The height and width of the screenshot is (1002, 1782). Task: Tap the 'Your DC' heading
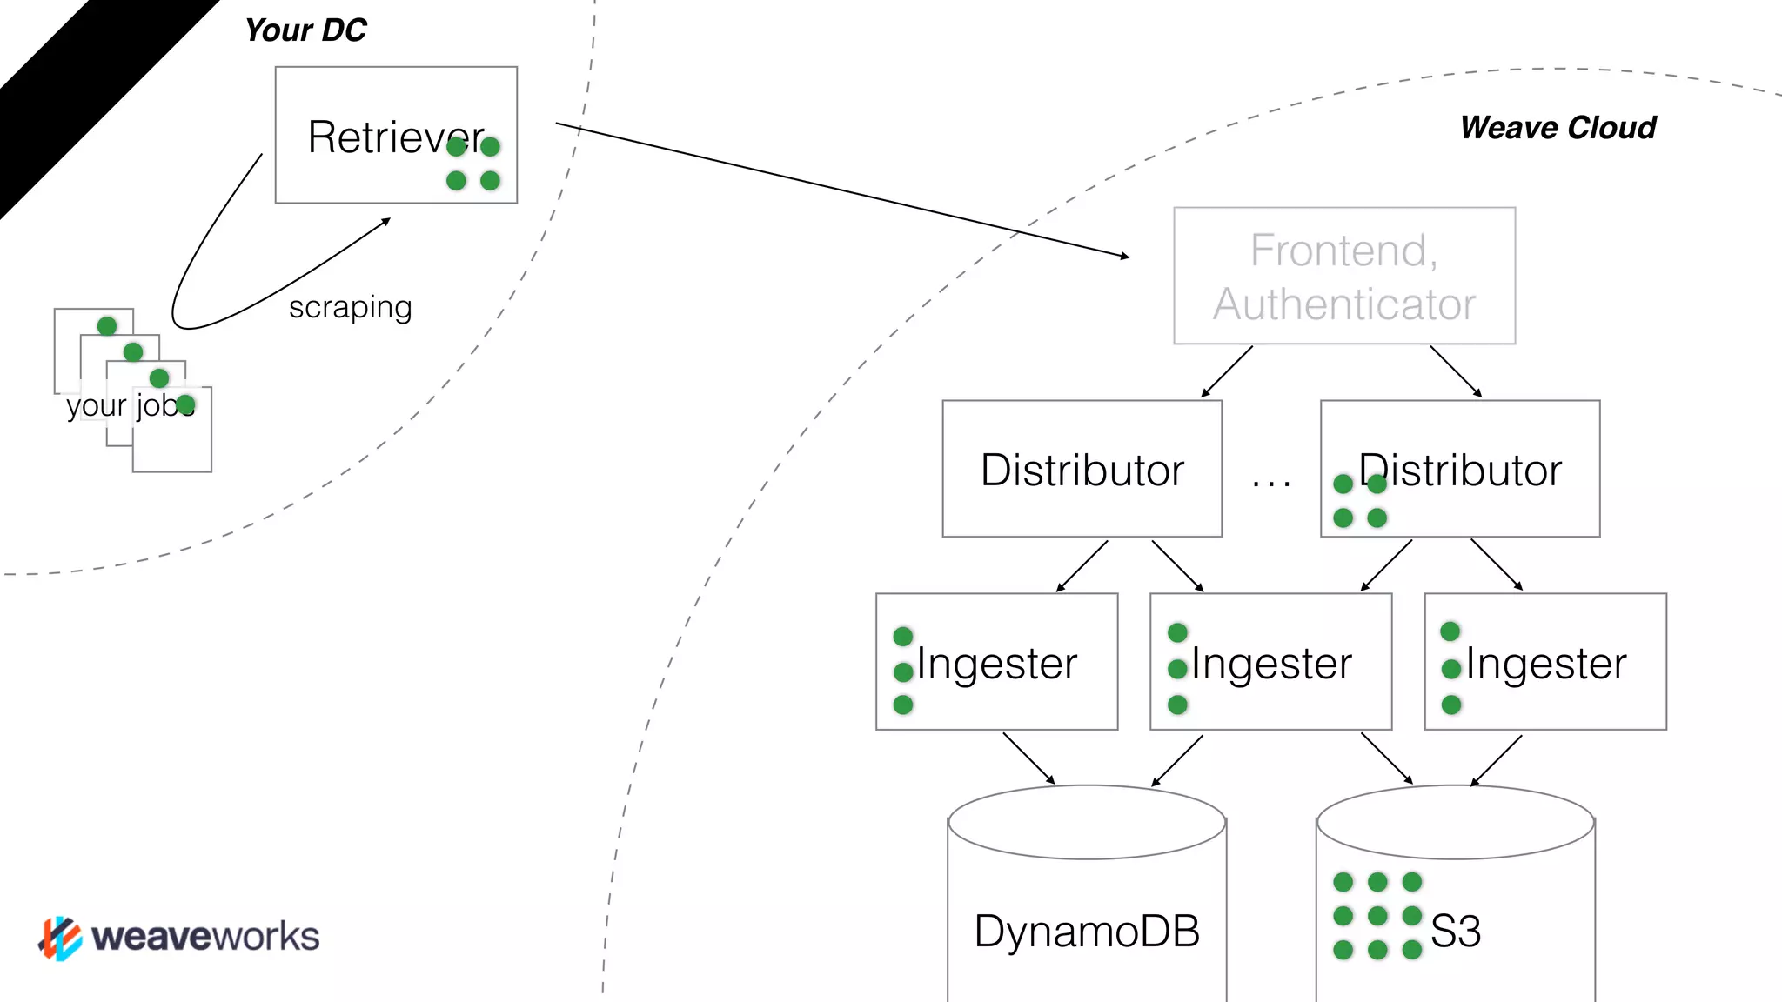(305, 30)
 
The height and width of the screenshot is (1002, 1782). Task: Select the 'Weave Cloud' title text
(1558, 128)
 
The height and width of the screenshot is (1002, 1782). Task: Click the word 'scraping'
(350, 307)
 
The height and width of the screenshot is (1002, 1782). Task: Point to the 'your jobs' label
(129, 405)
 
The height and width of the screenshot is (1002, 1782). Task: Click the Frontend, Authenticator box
(1344, 276)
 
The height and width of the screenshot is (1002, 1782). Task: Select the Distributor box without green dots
(1082, 469)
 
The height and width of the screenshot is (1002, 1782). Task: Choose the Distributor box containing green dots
(1460, 469)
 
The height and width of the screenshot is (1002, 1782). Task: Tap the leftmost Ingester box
(996, 662)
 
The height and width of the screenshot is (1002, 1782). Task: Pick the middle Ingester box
(1270, 662)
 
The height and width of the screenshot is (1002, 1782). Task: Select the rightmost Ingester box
(1545, 662)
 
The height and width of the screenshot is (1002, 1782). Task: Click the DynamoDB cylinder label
(1087, 931)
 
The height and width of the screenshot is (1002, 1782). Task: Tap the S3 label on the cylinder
(1456, 931)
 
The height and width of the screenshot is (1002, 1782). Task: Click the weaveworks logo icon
(60, 938)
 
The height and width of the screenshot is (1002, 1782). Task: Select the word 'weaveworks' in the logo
(205, 937)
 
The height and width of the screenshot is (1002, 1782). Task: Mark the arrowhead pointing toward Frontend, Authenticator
(1125, 256)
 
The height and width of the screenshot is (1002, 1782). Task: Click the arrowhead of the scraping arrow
(386, 221)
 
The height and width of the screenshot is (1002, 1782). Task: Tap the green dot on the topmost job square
(107, 326)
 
